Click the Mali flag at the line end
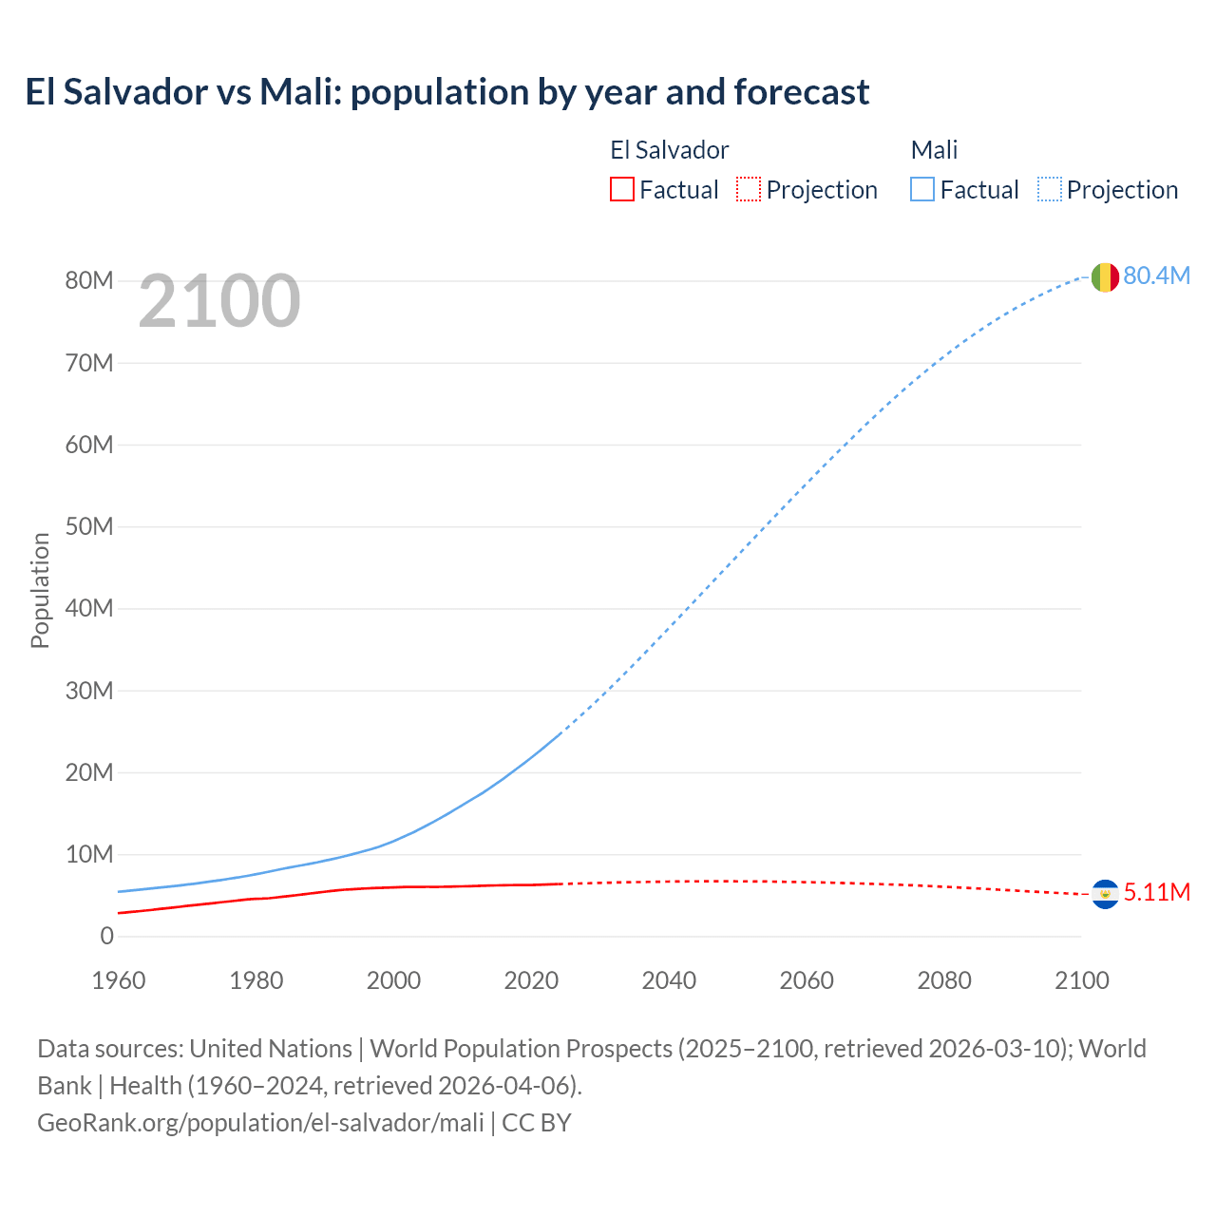1104,277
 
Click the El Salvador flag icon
1105,894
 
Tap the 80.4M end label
1156,275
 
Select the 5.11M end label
1156,892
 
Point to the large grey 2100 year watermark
219,302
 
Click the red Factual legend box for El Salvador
621,189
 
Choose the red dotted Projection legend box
749,189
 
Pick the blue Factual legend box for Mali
921,189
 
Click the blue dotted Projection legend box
1049,189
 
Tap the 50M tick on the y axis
89,526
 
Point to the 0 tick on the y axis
106,936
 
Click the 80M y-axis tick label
89,280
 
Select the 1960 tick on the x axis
119,980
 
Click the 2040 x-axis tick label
669,980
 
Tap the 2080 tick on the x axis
944,980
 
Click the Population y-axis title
40,590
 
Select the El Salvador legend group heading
669,150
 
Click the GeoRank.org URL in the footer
260,1122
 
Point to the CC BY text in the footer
537,1122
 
